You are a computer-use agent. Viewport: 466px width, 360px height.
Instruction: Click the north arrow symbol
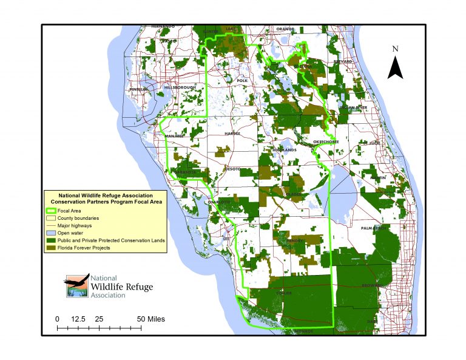coord(396,67)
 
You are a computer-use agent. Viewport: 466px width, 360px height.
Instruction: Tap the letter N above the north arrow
coord(396,49)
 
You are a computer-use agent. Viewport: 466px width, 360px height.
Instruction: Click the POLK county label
coord(242,80)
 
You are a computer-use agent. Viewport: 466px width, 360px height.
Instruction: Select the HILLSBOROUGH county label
coord(180,87)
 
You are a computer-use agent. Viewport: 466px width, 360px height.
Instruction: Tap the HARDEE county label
coord(232,133)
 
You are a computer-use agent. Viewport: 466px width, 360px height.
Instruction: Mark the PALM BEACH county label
coord(374,228)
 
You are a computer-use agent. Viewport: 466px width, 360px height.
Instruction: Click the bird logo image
coord(77,285)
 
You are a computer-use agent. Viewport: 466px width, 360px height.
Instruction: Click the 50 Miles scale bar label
coord(150,319)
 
